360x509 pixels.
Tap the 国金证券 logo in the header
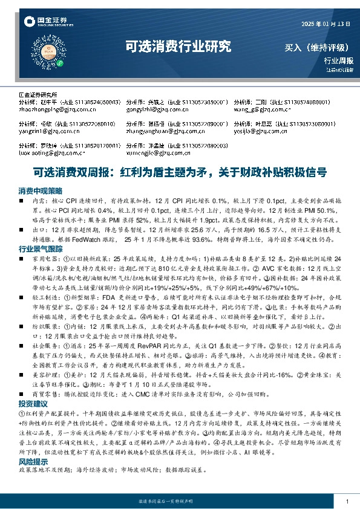tap(44, 23)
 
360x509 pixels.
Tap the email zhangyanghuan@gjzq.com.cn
tap(162, 130)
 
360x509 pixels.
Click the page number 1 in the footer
tap(347, 502)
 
